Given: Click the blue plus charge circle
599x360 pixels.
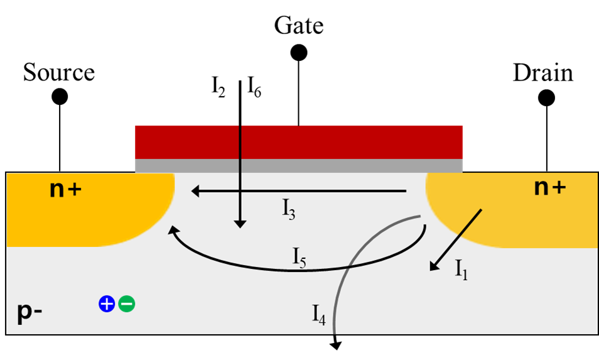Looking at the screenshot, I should click(x=107, y=304).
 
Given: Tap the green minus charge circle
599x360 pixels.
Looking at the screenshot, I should click(x=126, y=304).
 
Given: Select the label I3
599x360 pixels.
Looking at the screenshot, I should click(x=289, y=210).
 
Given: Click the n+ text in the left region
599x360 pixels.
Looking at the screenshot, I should click(x=65, y=188).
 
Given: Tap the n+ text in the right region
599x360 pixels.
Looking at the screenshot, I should click(x=550, y=187).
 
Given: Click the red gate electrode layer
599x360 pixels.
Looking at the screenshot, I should click(x=352, y=141).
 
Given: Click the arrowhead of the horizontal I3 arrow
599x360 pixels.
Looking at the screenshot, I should click(x=195, y=191).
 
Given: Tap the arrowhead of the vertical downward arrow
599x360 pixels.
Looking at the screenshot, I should click(x=240, y=223).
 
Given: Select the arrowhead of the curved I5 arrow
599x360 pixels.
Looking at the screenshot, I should click(x=173, y=231).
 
